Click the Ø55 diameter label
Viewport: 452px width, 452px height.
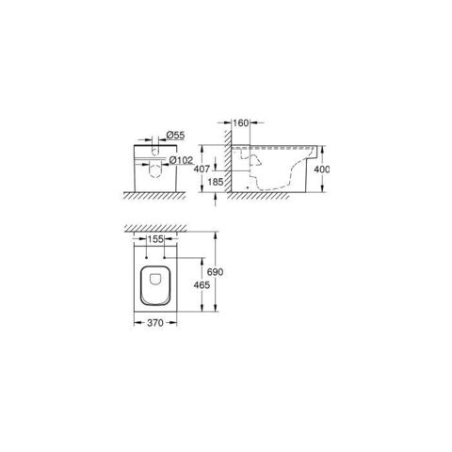(x=175, y=136)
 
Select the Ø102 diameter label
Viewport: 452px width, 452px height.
(x=181, y=160)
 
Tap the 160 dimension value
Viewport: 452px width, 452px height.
(x=241, y=123)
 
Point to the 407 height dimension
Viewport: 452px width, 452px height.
(x=202, y=169)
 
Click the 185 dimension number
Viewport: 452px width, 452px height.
(x=216, y=182)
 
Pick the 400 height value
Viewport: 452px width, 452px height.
(x=322, y=169)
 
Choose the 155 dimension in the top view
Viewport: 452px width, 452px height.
(x=155, y=239)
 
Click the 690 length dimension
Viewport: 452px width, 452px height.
(x=216, y=272)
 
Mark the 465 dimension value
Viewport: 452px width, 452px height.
(x=202, y=285)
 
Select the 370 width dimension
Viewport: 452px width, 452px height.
(x=155, y=323)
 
